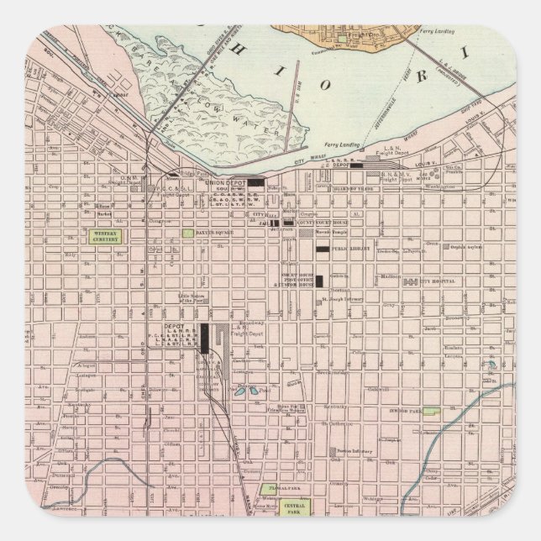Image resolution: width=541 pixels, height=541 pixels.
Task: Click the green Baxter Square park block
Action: click(188, 233)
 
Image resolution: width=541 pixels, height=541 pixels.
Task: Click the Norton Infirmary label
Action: click(355, 449)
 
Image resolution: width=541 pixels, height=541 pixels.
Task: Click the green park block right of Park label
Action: click(430, 412)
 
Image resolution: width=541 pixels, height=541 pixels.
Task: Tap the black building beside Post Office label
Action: click(318, 281)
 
